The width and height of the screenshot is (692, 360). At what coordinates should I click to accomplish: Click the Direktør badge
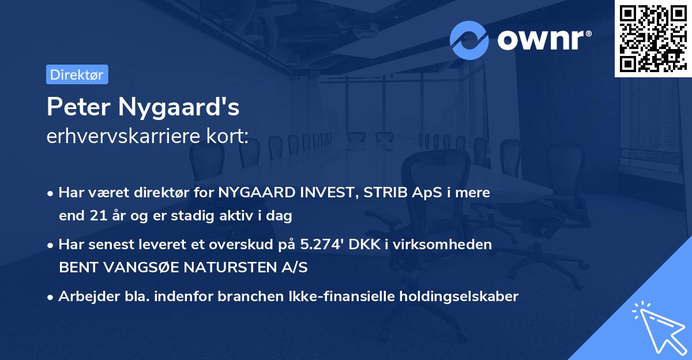[77, 74]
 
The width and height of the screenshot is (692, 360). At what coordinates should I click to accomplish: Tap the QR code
[653, 39]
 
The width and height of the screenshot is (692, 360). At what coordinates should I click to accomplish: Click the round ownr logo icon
[469, 40]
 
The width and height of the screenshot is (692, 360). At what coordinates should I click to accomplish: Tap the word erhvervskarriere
[125, 137]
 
